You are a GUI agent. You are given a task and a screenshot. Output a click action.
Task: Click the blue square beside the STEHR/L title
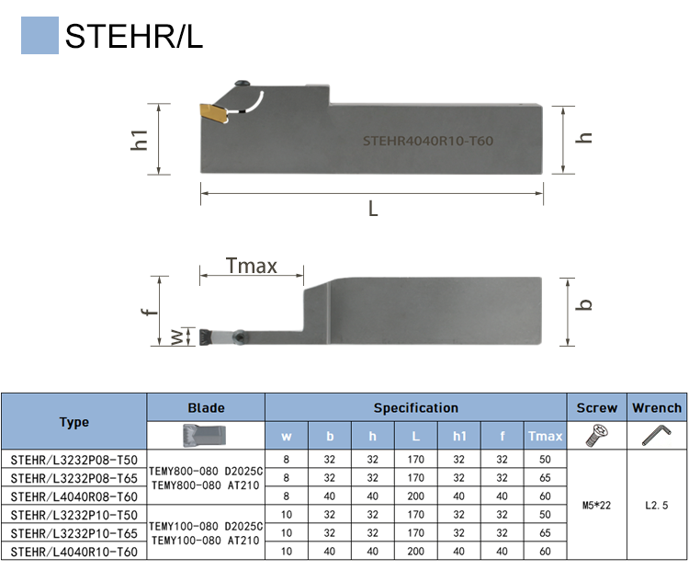40,35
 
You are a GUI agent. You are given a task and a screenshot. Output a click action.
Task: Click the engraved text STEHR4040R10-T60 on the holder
427,141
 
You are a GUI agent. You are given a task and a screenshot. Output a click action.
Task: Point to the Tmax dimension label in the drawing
252,266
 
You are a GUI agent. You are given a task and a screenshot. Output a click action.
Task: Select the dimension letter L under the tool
373,209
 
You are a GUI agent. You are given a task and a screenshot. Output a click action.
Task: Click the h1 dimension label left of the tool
140,140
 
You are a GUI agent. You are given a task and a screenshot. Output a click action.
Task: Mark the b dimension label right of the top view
584,304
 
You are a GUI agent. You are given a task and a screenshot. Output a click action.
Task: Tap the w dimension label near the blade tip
177,336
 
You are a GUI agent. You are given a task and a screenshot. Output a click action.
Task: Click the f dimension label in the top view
150,312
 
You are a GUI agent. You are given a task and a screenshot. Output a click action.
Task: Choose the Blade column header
206,407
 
